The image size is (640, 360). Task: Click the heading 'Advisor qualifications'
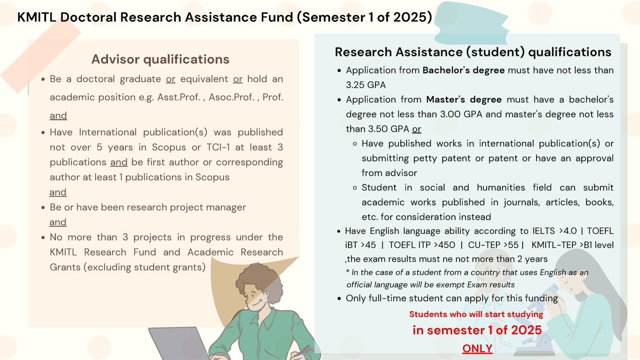pos(160,59)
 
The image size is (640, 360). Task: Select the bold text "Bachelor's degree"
pos(464,70)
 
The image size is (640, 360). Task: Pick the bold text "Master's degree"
pos(464,100)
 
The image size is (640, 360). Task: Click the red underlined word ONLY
pos(477,348)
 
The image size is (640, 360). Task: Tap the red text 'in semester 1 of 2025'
pos(477,330)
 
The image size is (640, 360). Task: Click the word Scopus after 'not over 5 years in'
pos(168,147)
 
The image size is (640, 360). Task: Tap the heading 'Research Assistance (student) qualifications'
pos(473,52)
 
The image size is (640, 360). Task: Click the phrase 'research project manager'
pos(195,207)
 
